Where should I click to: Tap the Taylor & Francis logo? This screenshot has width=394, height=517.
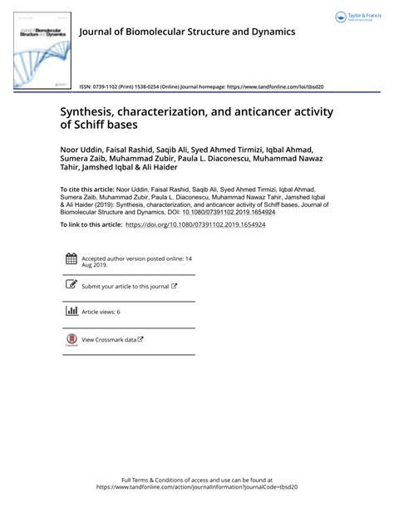pos(355,17)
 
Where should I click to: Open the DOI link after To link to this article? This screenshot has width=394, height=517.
pos(199,224)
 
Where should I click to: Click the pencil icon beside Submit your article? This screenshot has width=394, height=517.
pos(71,285)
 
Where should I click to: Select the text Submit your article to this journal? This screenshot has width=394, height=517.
pos(125,286)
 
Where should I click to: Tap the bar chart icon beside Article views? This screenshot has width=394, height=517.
pos(71,311)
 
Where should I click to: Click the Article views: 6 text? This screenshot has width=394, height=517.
pos(101,312)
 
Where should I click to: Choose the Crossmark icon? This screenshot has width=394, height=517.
pos(71,338)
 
